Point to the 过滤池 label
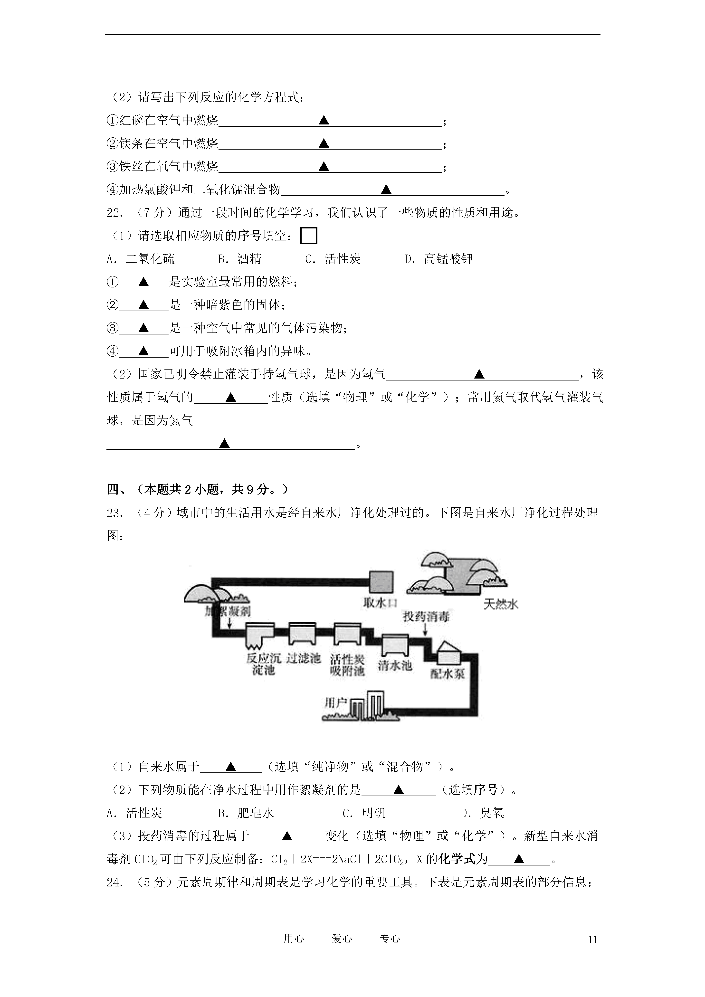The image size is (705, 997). [304, 658]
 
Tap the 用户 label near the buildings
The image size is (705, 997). [335, 703]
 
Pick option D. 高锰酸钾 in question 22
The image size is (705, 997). [439, 259]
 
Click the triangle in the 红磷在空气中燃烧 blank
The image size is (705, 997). [324, 120]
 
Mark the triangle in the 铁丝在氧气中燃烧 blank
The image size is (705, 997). [324, 166]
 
